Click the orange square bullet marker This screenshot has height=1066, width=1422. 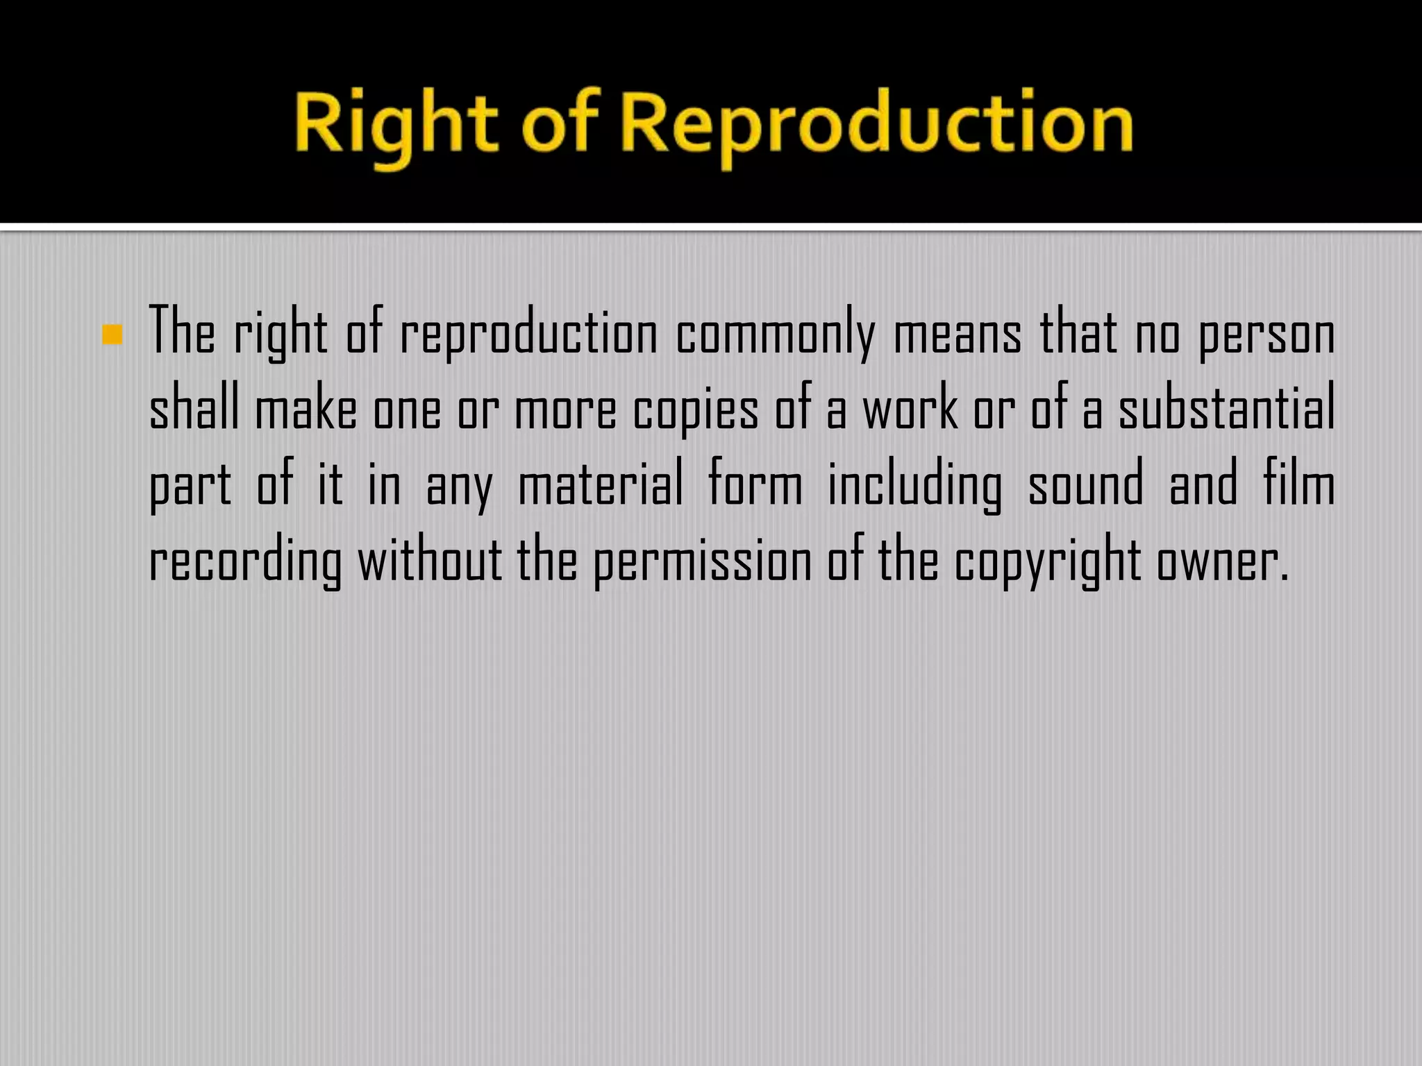(112, 335)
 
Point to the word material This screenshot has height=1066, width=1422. (601, 484)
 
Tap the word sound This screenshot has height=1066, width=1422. (1085, 484)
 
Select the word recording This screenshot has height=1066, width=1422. (246, 561)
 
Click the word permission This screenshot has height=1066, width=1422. (702, 561)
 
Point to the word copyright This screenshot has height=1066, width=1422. (1047, 561)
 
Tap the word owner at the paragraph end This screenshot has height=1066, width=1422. (1222, 561)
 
